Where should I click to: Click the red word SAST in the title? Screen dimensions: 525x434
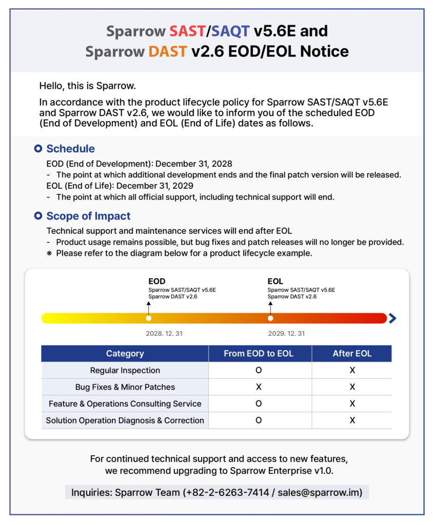[187, 31]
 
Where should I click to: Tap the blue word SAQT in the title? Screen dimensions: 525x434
[230, 31]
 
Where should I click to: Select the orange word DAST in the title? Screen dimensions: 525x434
[168, 51]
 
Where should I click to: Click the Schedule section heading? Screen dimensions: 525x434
[70, 149]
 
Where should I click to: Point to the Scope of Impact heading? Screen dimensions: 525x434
[88, 216]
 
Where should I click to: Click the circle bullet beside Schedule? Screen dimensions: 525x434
[37, 149]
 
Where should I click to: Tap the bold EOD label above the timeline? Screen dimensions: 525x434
[157, 281]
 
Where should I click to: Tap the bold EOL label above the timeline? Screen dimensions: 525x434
[275, 281]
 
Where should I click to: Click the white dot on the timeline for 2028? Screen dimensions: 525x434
[149, 318]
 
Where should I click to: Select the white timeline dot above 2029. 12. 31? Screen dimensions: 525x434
[270, 318]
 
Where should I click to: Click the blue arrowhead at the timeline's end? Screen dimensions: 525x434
[392, 318]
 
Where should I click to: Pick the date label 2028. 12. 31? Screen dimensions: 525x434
[164, 333]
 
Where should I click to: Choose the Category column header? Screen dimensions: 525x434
[125, 353]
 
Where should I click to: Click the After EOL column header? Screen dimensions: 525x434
[352, 353]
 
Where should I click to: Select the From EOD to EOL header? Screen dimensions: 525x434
[259, 353]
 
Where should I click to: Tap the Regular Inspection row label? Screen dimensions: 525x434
[125, 370]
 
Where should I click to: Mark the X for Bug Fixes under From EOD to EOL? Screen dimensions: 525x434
[259, 387]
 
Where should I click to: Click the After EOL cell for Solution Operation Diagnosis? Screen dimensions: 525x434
[352, 420]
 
